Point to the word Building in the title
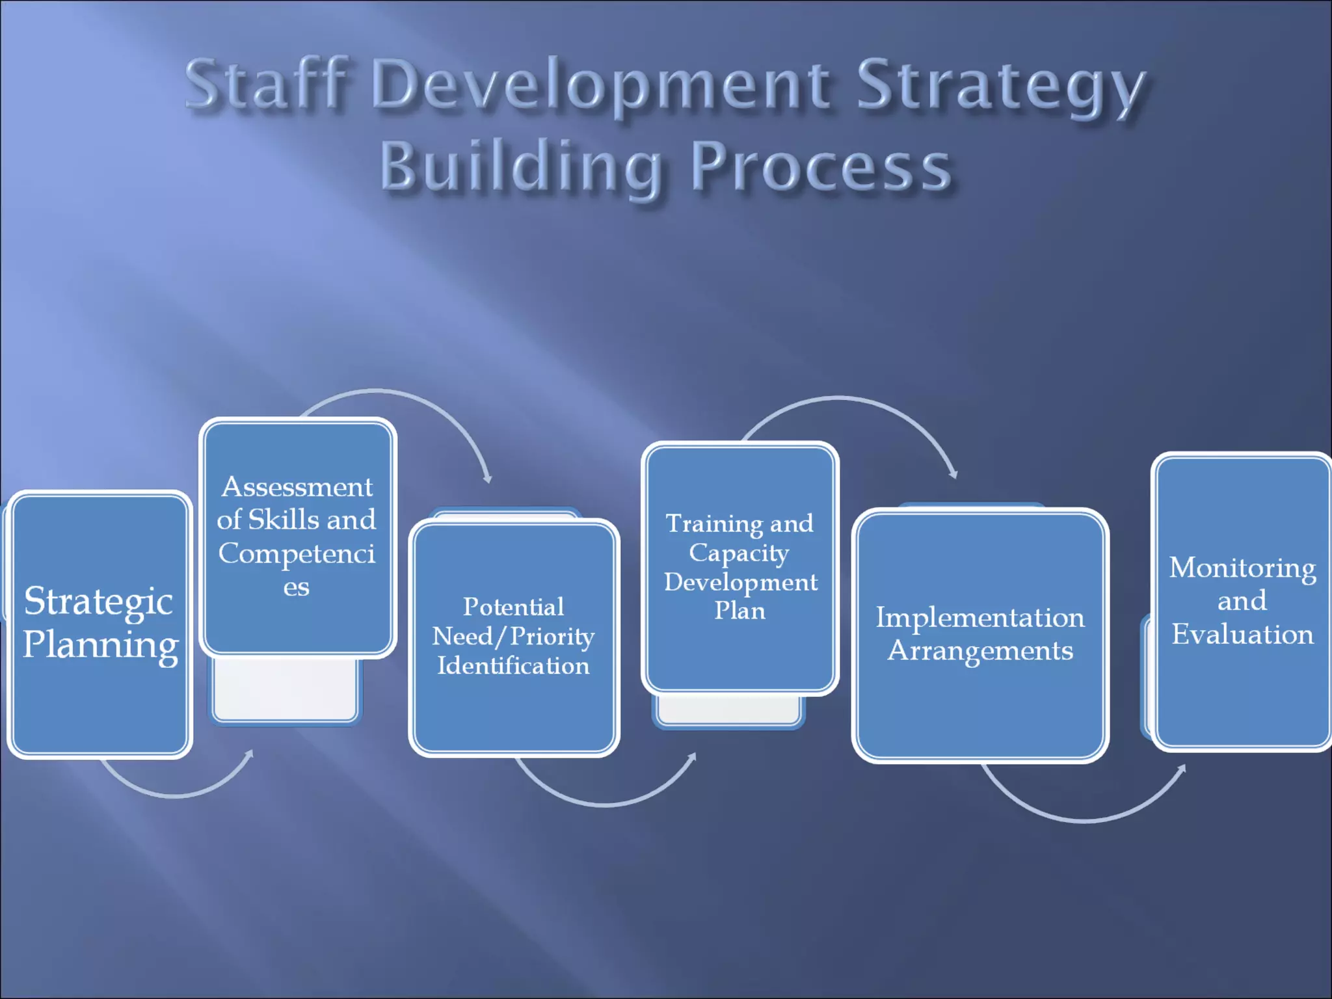(x=520, y=166)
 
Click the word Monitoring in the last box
(x=1242, y=568)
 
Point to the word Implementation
(x=980, y=617)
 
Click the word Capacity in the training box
(x=739, y=553)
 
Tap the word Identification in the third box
(x=513, y=665)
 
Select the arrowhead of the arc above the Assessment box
(x=488, y=479)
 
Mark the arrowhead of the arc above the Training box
(x=954, y=474)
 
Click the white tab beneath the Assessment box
(x=285, y=689)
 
